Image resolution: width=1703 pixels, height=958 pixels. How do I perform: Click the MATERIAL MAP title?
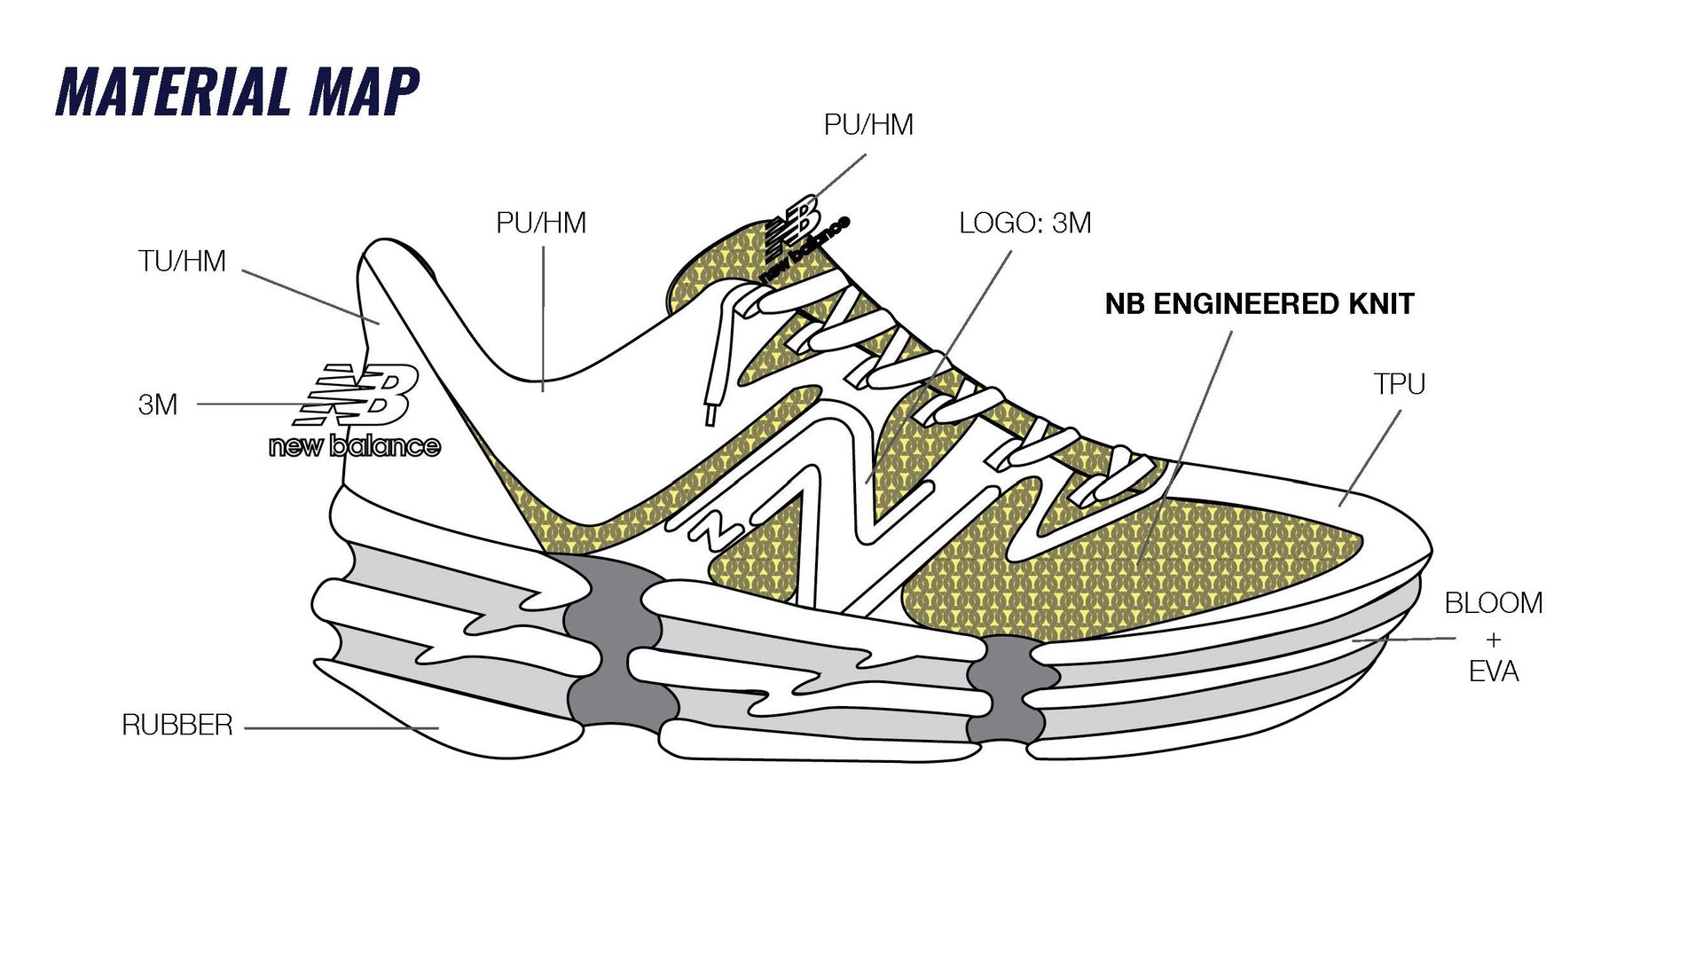[237, 91]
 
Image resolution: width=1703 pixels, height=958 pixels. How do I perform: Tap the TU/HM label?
[182, 262]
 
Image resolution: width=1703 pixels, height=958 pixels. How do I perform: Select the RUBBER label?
[177, 726]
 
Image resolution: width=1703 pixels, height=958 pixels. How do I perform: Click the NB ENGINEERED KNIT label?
[1259, 304]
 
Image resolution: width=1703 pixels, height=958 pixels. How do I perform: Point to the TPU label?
[1399, 384]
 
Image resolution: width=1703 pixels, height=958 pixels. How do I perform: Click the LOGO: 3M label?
[1024, 224]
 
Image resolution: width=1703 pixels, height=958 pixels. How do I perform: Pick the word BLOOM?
[1494, 603]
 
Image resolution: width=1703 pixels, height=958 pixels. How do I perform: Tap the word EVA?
[1494, 672]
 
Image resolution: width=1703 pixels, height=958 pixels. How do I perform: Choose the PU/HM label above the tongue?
[868, 125]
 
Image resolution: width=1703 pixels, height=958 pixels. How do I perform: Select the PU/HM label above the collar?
[541, 223]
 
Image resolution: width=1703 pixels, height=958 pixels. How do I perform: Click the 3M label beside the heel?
[158, 404]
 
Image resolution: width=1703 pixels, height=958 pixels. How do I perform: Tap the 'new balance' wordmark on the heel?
[355, 445]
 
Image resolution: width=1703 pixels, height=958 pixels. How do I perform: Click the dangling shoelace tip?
[710, 415]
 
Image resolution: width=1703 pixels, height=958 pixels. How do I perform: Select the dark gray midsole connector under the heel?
[613, 639]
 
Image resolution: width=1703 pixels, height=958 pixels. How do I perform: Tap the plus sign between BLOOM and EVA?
[1494, 639]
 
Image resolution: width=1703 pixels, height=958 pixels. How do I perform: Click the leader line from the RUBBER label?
[341, 728]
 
